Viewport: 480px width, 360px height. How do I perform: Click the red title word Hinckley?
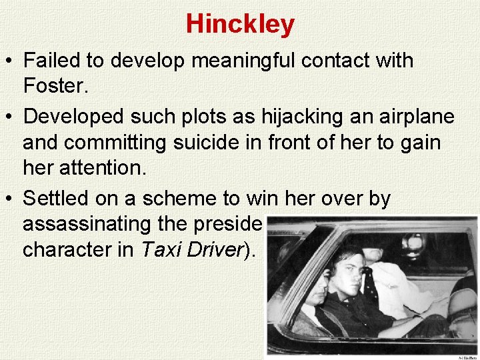click(240, 24)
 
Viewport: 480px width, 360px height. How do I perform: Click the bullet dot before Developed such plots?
click(12, 117)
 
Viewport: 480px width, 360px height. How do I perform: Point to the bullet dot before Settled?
click(12, 199)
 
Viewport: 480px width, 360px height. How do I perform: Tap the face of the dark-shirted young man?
click(347, 271)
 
